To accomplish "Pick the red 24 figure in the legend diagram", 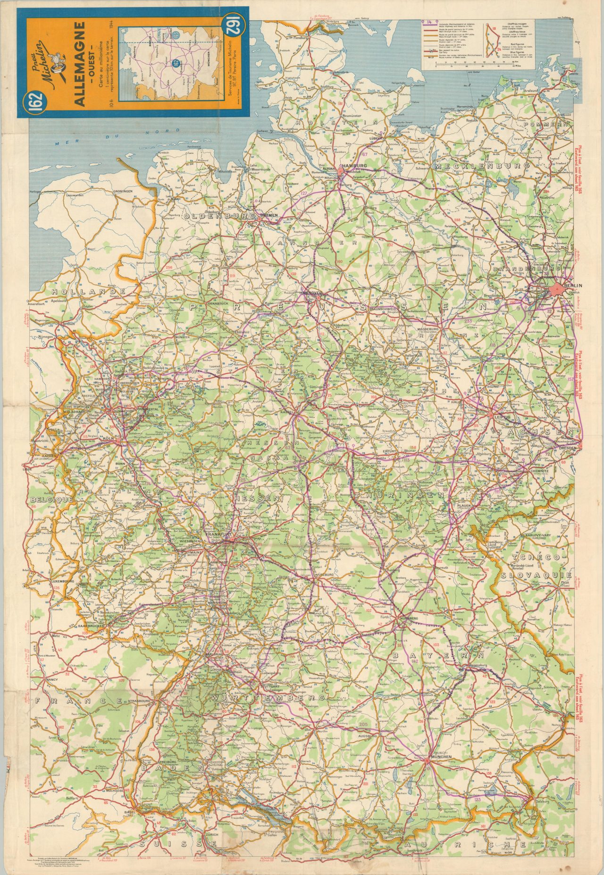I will (499, 49).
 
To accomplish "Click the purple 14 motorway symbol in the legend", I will (430, 22).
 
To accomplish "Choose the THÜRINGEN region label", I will (402, 496).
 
